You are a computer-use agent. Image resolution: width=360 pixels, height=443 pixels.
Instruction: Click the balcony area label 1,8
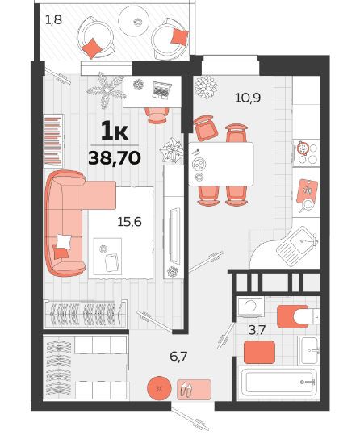(x=53, y=20)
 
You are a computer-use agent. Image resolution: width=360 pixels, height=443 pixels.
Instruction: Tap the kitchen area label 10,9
(x=248, y=98)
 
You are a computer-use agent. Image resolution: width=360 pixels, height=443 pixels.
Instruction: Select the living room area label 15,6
(x=129, y=222)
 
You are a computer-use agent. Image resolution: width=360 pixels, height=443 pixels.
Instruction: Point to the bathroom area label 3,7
(x=257, y=330)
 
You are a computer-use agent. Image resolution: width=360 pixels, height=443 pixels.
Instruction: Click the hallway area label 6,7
(x=178, y=357)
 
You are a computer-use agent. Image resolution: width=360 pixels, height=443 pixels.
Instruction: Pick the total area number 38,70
(x=115, y=157)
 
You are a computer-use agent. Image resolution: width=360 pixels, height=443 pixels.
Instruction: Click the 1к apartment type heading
(x=115, y=130)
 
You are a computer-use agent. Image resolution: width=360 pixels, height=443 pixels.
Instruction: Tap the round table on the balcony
(x=134, y=21)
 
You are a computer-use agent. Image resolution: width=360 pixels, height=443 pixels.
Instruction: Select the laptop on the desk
(x=161, y=90)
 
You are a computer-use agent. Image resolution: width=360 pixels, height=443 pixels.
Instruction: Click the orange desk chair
(x=156, y=115)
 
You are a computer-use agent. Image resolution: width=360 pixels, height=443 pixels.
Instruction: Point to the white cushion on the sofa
(x=64, y=241)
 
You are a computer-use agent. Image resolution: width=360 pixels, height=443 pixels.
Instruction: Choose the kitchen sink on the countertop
(x=298, y=246)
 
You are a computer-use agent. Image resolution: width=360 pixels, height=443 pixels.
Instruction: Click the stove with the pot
(x=306, y=153)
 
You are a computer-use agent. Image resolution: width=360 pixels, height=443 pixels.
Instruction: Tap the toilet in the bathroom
(x=299, y=316)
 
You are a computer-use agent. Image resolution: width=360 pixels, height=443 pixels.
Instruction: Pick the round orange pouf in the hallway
(x=159, y=388)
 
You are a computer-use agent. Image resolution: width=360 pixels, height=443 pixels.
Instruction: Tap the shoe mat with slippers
(x=195, y=390)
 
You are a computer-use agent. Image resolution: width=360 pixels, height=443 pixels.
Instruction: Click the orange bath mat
(x=259, y=352)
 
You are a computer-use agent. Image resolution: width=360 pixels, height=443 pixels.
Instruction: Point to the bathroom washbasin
(x=309, y=350)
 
